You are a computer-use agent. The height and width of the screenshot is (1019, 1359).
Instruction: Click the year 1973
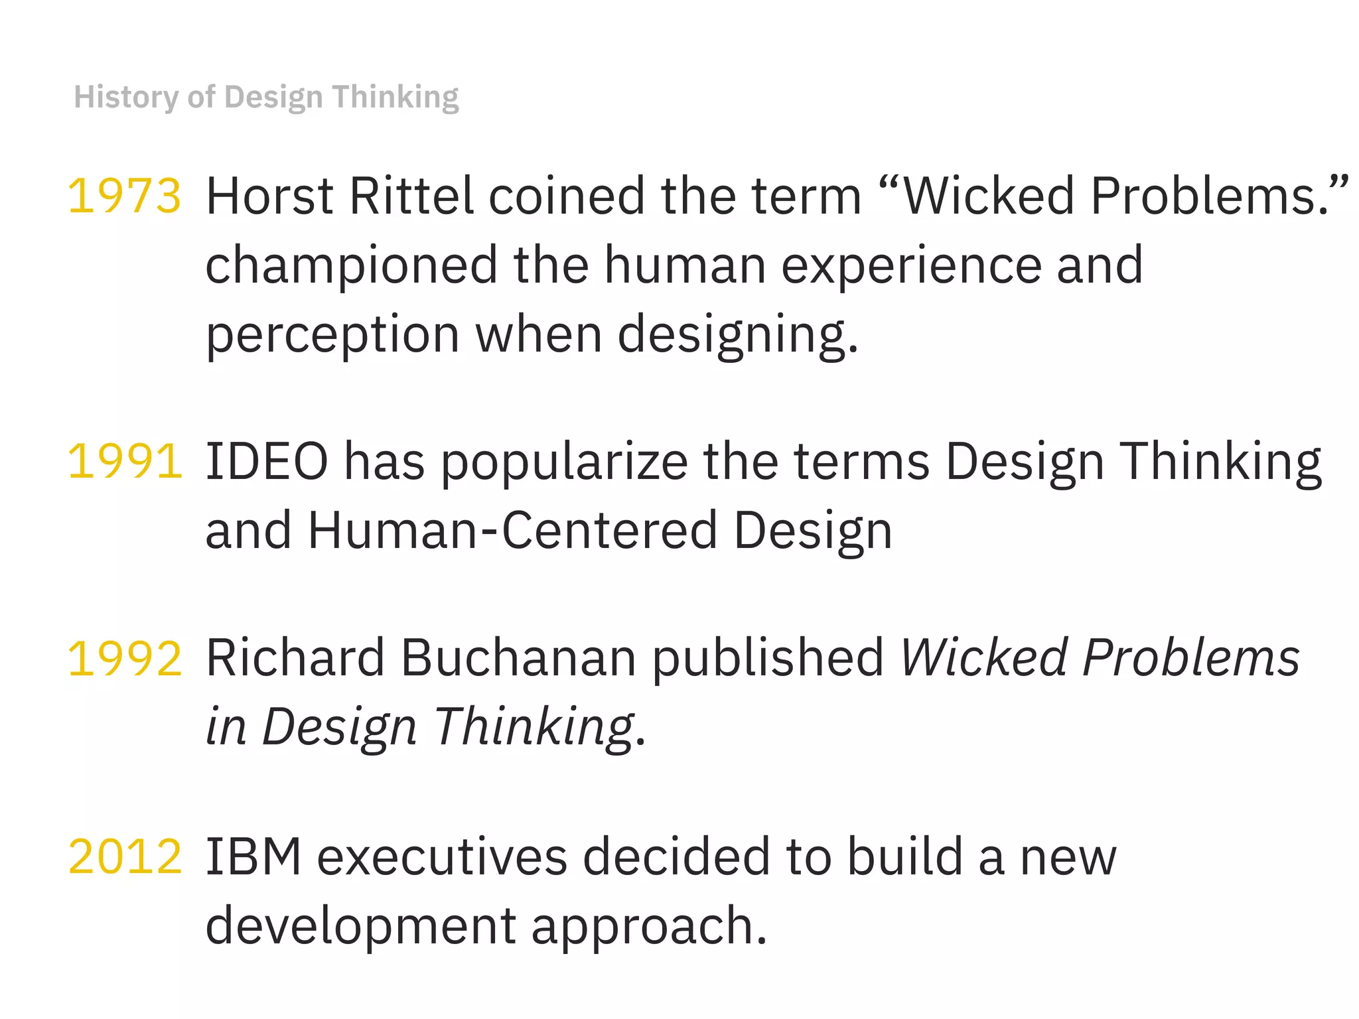(124, 196)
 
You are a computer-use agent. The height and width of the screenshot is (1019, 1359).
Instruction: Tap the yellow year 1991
(124, 461)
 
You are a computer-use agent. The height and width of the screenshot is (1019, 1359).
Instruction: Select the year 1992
(124, 658)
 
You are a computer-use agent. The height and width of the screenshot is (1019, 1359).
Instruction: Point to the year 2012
(124, 856)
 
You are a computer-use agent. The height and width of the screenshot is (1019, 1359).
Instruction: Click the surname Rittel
(411, 196)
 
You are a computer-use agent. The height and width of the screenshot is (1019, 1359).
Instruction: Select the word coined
(567, 196)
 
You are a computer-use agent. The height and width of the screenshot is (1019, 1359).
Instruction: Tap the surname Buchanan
(518, 658)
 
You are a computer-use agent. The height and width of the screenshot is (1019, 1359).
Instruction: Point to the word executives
(442, 858)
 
